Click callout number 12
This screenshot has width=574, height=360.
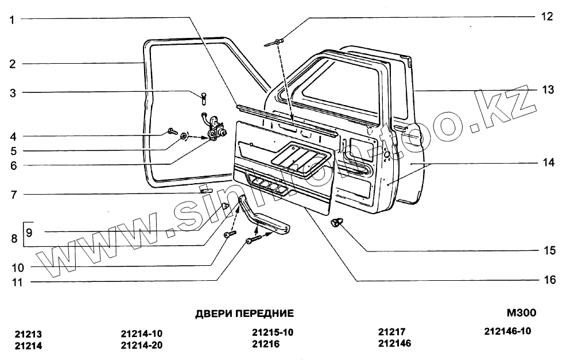coord(549,17)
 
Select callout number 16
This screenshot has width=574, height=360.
coord(549,280)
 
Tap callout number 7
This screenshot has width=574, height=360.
coord(12,194)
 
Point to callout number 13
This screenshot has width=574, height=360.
coord(549,90)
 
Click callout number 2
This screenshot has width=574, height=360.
coord(12,64)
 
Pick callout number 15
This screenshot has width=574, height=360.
coord(549,250)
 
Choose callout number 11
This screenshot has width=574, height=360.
coord(12,282)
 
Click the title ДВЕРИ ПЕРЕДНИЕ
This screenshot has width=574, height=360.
coord(245,313)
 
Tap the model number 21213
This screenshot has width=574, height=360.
coord(29,335)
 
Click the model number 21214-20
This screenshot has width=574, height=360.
coord(142,345)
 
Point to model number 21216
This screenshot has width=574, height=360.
coord(265,344)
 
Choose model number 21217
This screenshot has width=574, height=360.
coord(391,332)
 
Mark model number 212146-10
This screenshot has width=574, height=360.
coord(508,331)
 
